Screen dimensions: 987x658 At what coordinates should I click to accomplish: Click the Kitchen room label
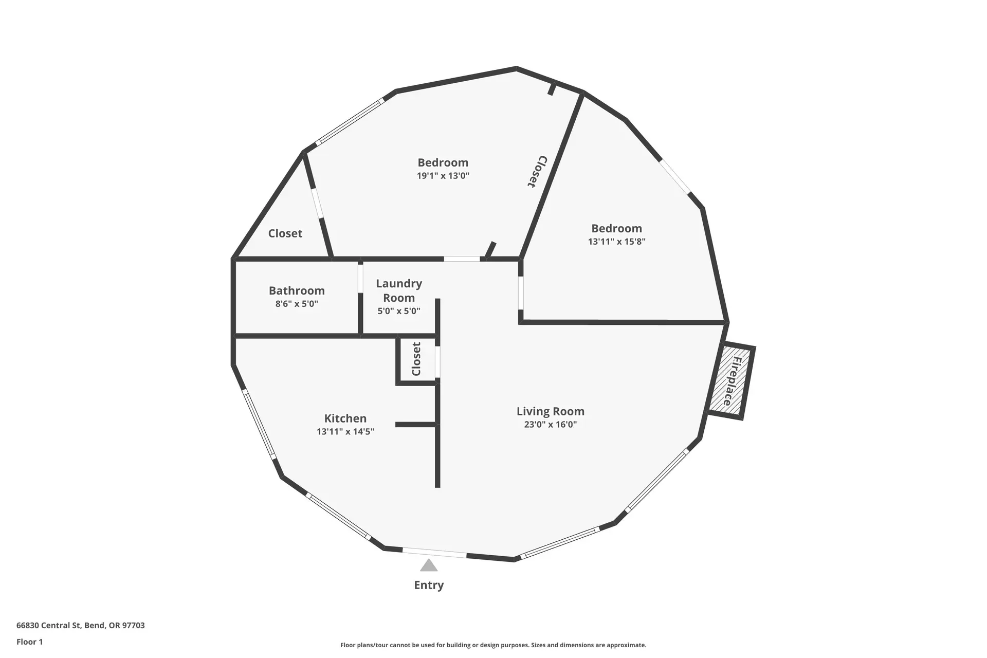[x=345, y=418]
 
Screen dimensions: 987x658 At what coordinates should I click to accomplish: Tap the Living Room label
[x=551, y=411]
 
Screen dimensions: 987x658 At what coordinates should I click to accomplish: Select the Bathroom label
[x=297, y=290]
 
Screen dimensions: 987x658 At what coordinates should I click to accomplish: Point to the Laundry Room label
[x=399, y=290]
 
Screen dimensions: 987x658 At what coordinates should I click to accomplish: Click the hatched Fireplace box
[x=732, y=380]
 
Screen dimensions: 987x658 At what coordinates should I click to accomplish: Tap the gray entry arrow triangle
[x=429, y=565]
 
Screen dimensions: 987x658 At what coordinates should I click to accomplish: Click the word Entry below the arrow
[x=429, y=585]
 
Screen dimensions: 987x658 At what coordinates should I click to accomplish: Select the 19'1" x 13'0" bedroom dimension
[x=443, y=176]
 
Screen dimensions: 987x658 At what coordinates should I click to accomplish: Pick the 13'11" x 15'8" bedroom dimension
[x=617, y=242]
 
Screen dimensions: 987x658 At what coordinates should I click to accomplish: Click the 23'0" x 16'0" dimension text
[x=551, y=425]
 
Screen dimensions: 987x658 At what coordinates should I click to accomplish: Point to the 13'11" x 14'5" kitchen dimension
[x=345, y=432]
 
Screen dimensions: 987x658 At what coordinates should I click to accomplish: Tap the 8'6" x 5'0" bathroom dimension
[x=297, y=304]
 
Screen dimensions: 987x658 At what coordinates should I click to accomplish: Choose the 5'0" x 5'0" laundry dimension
[x=399, y=311]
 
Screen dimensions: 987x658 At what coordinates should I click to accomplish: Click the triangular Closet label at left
[x=285, y=233]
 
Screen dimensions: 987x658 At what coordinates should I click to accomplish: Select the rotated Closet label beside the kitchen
[x=416, y=359]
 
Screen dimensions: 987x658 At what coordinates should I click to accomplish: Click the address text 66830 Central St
[x=81, y=626]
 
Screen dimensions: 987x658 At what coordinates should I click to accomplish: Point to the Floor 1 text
[x=30, y=642]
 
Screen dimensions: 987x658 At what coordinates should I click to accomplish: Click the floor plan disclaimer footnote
[x=493, y=645]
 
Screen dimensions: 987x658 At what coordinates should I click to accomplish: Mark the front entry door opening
[x=434, y=553]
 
